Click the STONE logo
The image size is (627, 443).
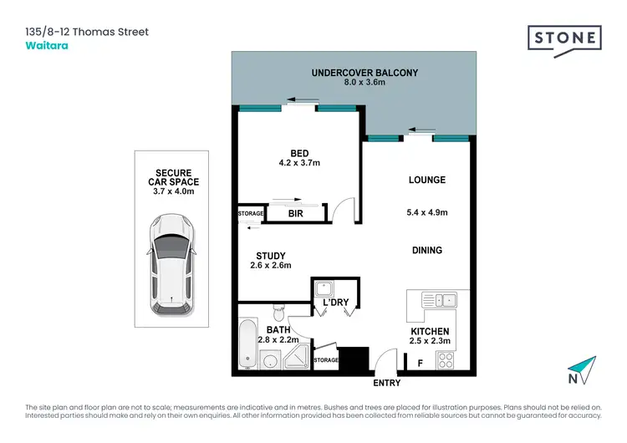(x=564, y=38)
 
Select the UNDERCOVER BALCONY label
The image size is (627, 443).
(x=364, y=73)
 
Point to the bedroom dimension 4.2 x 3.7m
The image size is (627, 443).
(x=299, y=164)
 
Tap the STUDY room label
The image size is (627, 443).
(x=271, y=256)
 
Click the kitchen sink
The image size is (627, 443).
(x=438, y=299)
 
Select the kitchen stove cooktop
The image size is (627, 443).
(x=446, y=361)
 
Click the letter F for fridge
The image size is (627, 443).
(x=420, y=362)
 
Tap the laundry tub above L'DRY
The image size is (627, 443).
(x=323, y=289)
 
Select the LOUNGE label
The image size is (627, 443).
(x=426, y=180)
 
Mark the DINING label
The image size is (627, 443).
(x=426, y=250)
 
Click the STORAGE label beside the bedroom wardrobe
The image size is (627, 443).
(x=251, y=214)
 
